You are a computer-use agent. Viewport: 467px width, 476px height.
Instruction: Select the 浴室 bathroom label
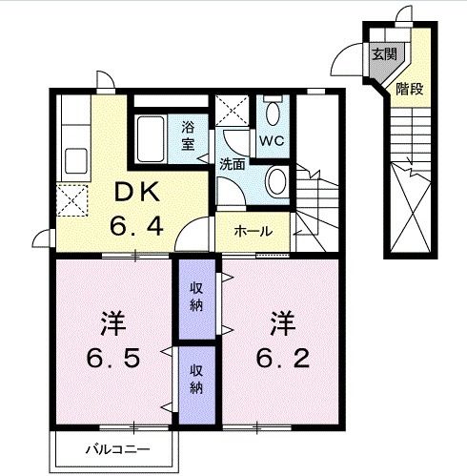[x=188, y=135]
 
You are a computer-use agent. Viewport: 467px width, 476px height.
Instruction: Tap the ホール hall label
[x=253, y=231]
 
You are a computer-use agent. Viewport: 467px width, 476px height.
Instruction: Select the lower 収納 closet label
[x=194, y=380]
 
